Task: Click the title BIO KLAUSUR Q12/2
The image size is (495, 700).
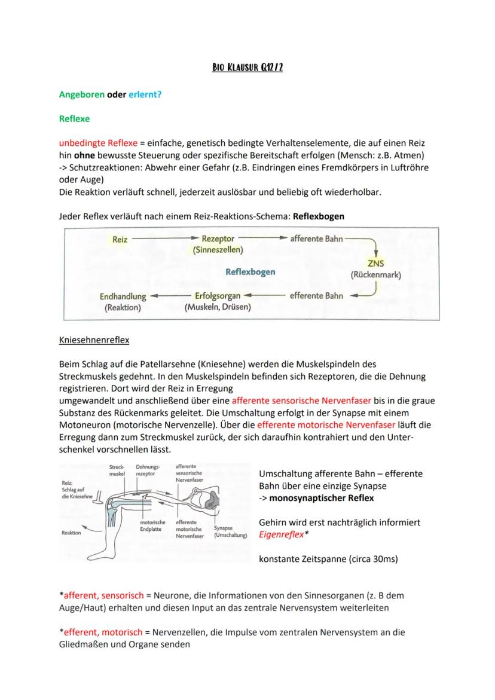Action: click(247, 68)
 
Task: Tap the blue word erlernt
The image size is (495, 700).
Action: click(143, 94)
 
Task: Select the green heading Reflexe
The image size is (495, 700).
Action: click(74, 119)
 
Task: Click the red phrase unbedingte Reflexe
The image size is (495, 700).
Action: click(98, 143)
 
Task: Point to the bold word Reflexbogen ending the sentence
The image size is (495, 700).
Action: click(319, 216)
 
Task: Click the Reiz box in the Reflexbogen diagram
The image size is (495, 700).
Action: click(120, 239)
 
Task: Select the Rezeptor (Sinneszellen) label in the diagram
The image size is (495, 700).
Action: click(218, 244)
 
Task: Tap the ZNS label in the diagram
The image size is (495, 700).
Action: click(375, 265)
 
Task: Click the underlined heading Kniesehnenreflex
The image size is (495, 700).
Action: click(94, 341)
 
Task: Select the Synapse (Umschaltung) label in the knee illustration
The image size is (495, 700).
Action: click(230, 532)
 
